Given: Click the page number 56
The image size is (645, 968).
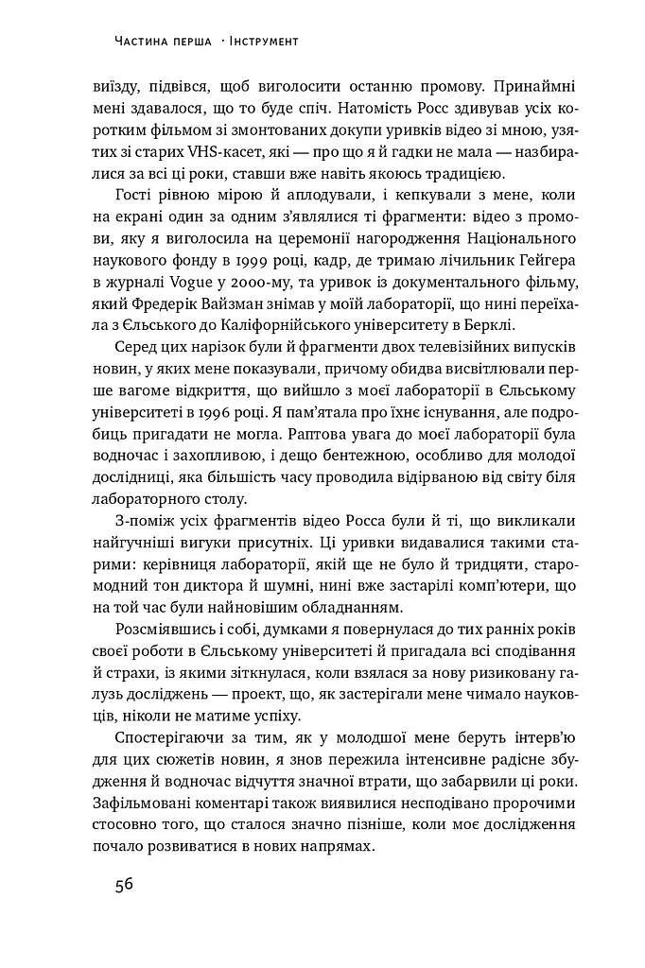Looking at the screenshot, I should click(x=123, y=886).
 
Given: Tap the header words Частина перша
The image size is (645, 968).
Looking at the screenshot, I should click(x=161, y=42).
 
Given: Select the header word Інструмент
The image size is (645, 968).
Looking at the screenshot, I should click(x=260, y=42).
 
